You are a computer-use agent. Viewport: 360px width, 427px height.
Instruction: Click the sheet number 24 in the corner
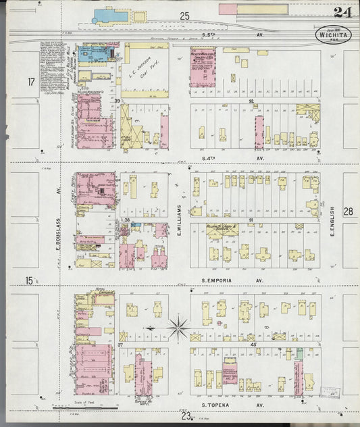(x=341, y=11)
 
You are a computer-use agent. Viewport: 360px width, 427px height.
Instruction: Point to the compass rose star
(x=178, y=328)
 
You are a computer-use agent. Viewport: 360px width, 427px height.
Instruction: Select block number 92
(x=251, y=101)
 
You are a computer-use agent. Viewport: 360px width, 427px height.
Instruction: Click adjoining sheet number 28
(x=347, y=211)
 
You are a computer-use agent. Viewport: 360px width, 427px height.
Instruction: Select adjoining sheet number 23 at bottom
(x=185, y=417)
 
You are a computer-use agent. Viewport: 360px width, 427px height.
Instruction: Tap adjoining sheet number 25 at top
(x=184, y=16)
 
